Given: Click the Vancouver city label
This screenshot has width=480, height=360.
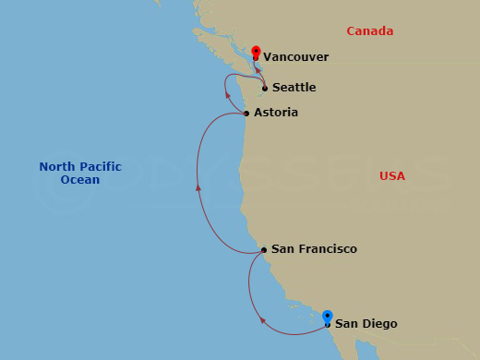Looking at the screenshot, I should click(295, 57).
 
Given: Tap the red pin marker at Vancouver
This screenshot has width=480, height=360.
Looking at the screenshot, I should click(256, 52).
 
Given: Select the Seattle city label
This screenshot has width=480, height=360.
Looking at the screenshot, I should click(294, 88).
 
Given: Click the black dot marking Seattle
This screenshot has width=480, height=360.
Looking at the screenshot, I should click(265, 89).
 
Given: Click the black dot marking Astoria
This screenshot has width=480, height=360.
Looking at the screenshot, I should click(246, 114).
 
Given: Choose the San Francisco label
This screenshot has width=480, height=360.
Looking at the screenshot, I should click(314, 249).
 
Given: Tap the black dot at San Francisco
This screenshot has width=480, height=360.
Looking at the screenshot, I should click(264, 249).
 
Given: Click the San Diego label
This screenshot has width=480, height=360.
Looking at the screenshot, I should click(366, 323).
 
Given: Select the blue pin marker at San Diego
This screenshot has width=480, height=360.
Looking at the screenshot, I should click(328, 318).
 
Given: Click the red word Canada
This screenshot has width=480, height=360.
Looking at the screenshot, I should click(369, 31).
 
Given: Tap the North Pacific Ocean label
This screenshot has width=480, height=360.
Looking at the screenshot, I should click(80, 174).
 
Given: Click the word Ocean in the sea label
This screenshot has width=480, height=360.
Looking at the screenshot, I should click(80, 180).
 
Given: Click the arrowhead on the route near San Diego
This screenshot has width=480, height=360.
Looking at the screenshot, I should click(263, 321).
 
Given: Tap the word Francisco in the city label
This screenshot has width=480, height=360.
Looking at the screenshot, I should click(328, 249).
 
